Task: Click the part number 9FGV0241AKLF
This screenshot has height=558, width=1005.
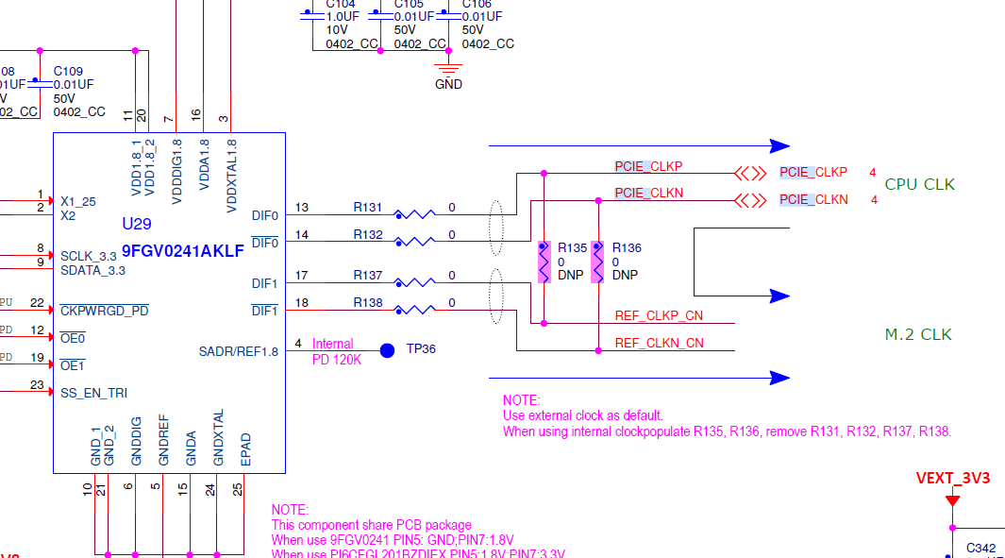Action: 183,251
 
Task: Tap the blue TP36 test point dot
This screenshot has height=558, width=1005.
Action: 387,350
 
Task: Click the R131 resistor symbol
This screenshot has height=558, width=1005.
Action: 415,215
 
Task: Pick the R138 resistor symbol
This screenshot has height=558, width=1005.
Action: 415,310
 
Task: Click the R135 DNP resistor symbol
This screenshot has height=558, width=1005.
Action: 544,262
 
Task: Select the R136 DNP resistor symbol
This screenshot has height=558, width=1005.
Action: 597,262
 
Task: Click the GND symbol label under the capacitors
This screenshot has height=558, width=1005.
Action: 448,84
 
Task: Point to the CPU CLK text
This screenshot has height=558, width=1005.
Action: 919,184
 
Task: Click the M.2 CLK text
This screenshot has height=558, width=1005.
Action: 917,334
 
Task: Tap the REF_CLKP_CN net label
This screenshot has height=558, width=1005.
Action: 659,315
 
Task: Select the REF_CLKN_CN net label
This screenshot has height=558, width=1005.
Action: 659,343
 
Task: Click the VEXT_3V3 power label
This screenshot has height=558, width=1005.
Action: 952,478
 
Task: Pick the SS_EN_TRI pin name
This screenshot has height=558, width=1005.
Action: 93,393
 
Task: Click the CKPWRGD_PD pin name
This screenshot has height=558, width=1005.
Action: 104,310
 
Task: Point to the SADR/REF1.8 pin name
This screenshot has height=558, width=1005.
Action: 239,351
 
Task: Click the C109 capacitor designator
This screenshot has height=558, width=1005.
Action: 68,71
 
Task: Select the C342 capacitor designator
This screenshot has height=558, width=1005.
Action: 980,548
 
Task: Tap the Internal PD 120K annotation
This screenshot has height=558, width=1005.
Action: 337,351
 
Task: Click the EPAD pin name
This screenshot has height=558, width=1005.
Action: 246,449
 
